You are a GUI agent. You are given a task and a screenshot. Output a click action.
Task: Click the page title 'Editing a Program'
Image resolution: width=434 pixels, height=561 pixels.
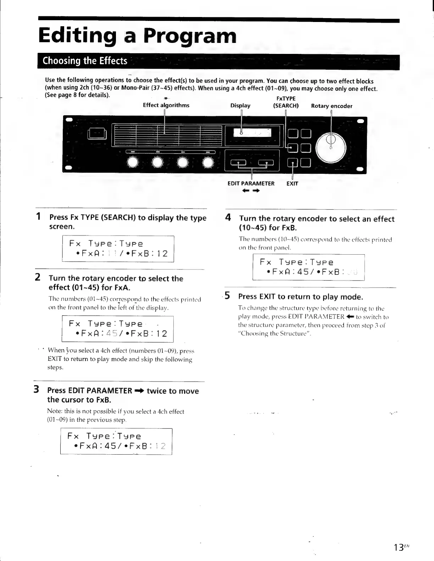click(x=137, y=36)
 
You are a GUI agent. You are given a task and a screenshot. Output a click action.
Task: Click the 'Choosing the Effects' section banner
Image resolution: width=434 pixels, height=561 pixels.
click(x=85, y=61)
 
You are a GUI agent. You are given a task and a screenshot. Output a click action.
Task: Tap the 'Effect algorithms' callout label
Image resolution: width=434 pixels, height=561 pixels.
click(x=166, y=105)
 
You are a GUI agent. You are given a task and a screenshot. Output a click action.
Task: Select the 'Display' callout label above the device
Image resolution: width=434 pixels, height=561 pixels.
click(x=240, y=106)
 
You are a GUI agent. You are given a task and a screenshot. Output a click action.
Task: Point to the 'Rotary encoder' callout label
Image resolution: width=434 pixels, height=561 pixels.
click(x=332, y=106)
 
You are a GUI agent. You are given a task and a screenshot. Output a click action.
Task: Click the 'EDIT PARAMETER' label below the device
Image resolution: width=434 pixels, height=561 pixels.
click(x=251, y=184)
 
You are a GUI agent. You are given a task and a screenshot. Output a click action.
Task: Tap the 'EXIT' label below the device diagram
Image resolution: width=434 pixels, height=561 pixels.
click(x=292, y=184)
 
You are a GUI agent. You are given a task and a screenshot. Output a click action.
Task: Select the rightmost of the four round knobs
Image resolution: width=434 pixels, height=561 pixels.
click(x=208, y=162)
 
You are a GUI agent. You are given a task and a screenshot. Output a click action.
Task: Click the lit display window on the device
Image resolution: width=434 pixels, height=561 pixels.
click(x=252, y=133)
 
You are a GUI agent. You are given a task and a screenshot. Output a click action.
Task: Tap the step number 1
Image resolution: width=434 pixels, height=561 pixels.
click(x=38, y=217)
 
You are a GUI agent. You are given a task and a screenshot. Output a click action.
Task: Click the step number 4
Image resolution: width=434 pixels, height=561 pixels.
click(x=228, y=217)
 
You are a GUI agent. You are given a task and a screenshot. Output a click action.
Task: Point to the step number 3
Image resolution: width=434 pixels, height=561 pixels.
click(x=36, y=390)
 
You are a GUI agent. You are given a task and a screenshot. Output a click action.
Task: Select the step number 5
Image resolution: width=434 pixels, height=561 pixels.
click(x=228, y=296)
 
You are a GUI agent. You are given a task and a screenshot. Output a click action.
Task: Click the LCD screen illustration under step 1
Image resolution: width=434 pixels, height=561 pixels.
click(x=118, y=249)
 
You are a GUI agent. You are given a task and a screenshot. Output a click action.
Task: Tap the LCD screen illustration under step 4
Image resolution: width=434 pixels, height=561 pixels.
click(x=308, y=267)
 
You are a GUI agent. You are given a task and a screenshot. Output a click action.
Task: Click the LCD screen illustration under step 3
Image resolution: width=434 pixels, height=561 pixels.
click(x=116, y=441)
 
